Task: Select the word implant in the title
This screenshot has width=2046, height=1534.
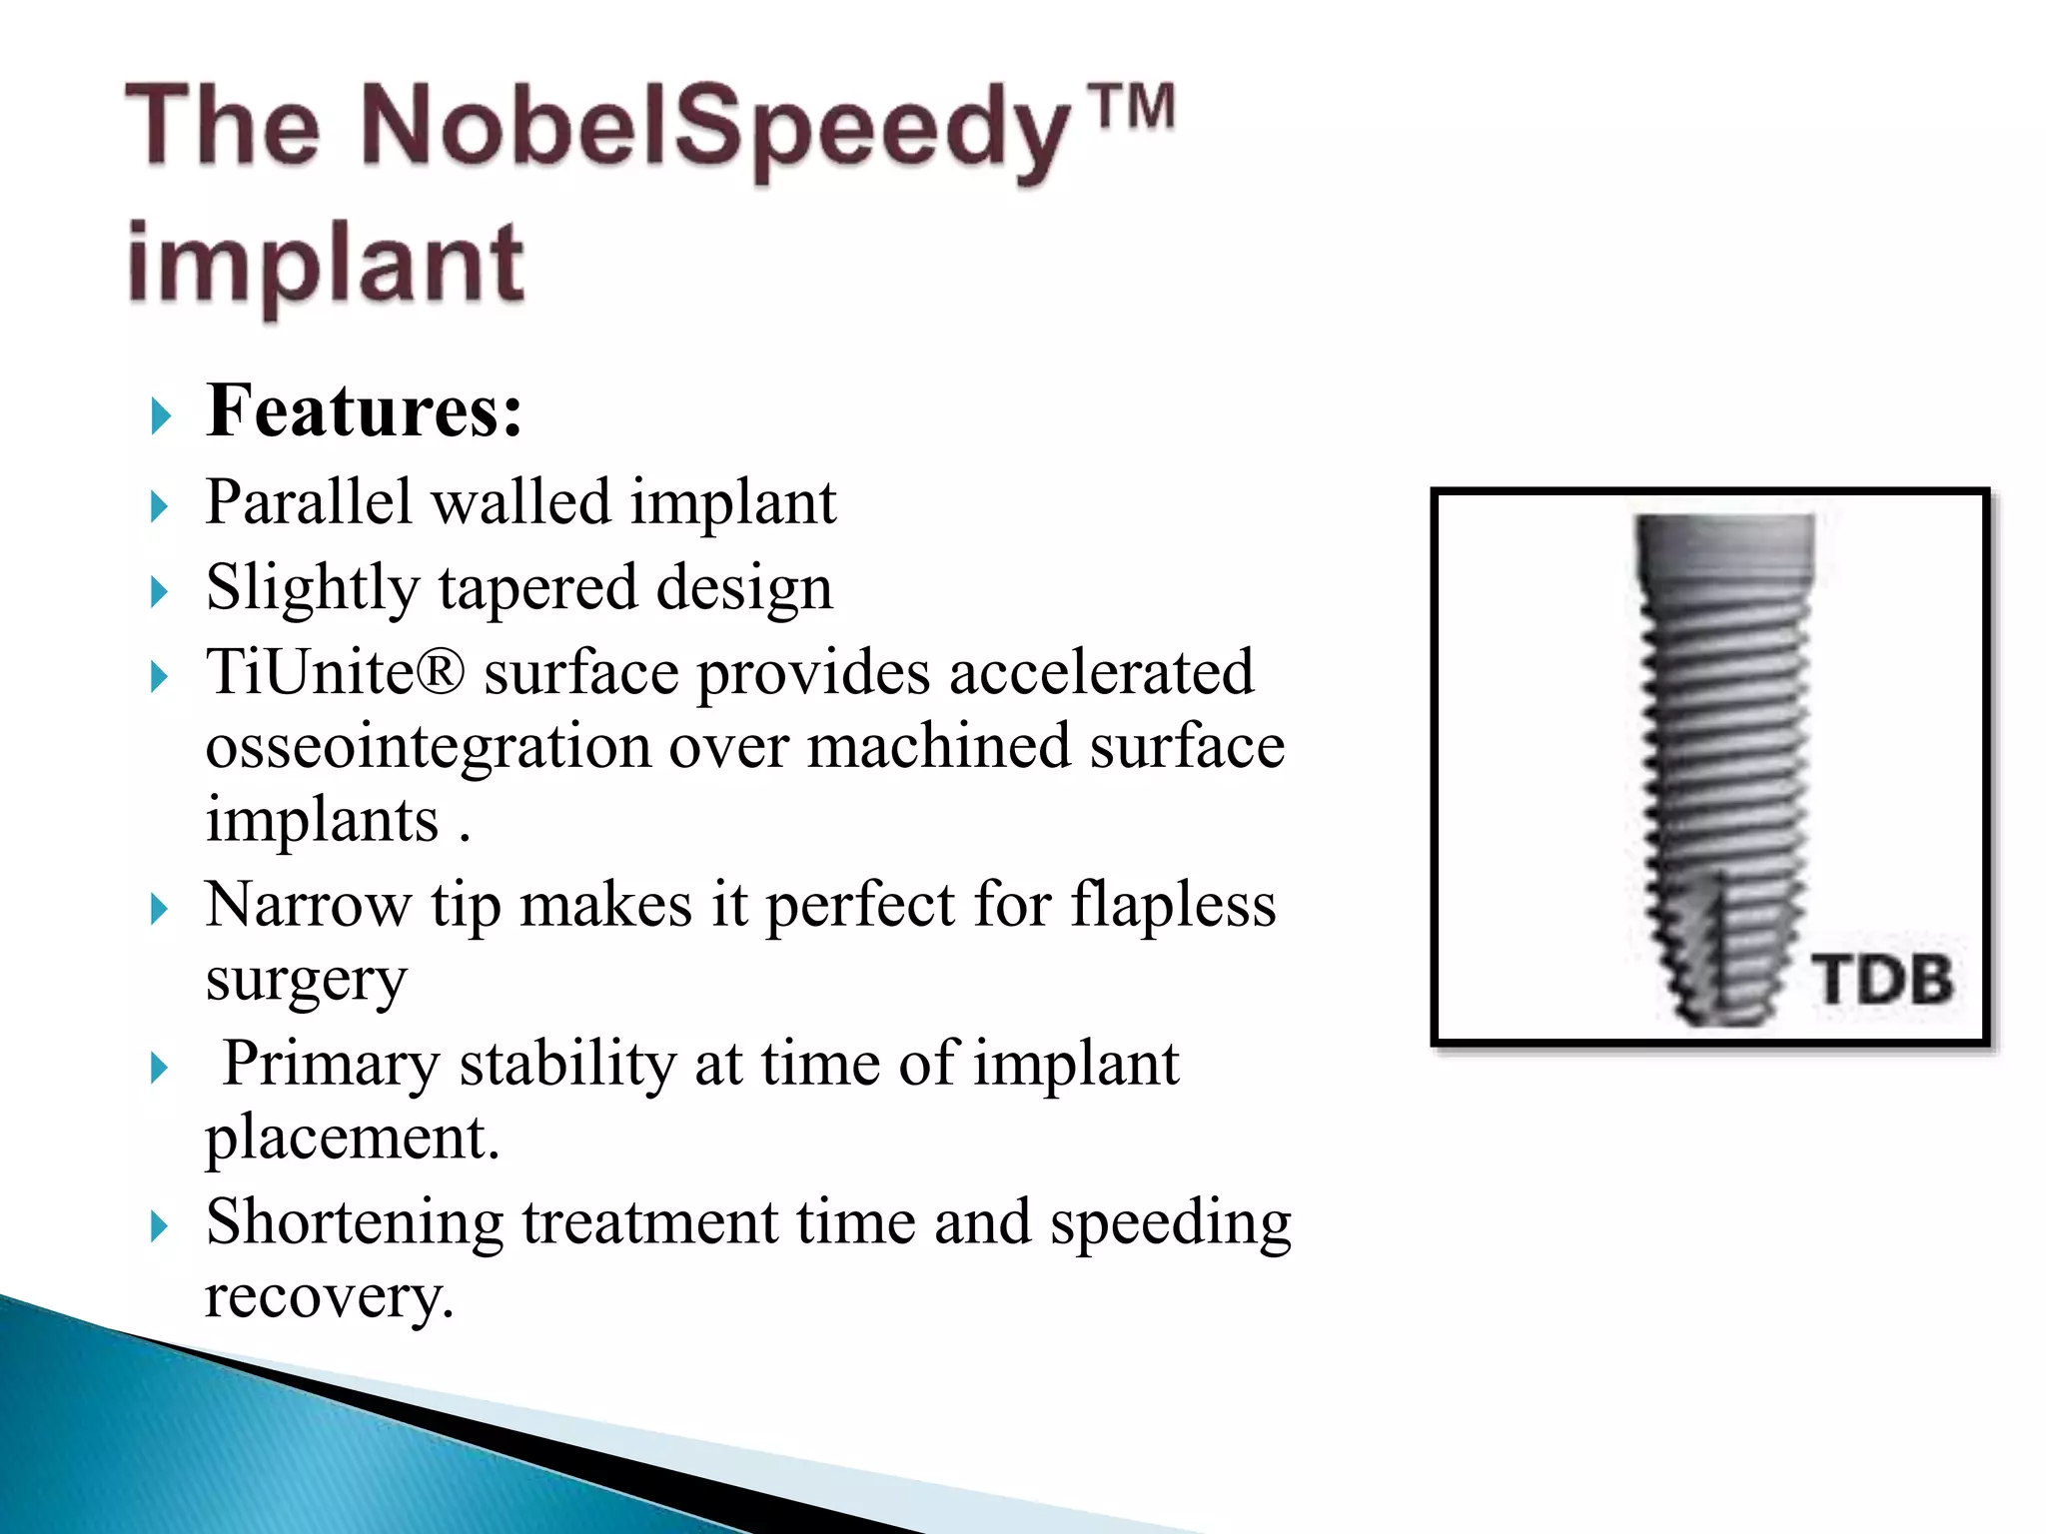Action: click(326, 264)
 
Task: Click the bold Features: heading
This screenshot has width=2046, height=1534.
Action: click(364, 410)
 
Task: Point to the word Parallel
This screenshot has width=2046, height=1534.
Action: click(308, 501)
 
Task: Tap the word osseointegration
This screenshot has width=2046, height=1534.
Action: click(428, 746)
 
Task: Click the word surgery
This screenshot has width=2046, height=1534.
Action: click(306, 981)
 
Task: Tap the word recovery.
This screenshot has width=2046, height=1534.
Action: click(329, 1296)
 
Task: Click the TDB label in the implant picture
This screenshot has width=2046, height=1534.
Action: click(1882, 979)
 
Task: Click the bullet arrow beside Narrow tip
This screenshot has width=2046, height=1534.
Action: click(159, 909)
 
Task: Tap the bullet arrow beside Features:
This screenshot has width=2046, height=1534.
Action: click(160, 415)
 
